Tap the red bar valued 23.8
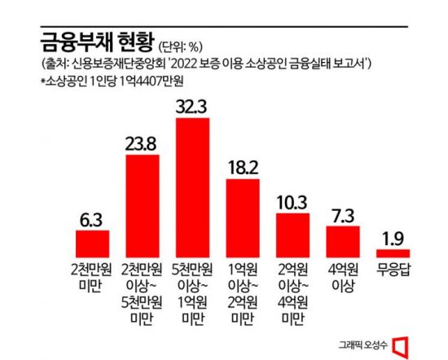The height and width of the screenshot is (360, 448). tap(141, 206)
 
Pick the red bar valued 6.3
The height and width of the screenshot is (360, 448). tap(92, 243)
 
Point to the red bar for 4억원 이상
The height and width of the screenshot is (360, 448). tap(343, 240)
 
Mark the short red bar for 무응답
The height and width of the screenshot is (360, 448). tap(393, 252)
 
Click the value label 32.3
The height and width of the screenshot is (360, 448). tap(192, 104)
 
